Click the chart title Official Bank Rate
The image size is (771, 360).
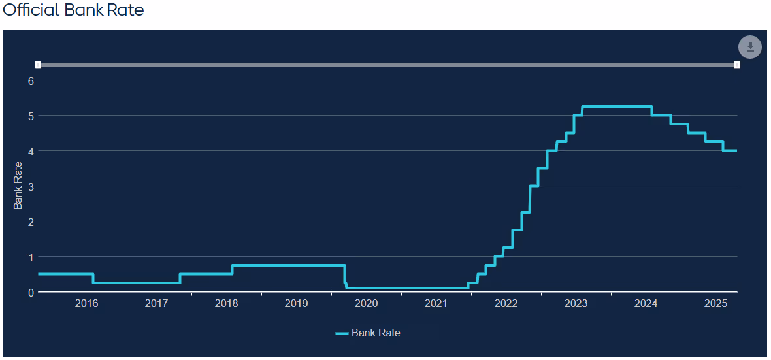(73, 10)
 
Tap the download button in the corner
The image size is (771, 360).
(750, 47)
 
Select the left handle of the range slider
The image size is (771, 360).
(38, 65)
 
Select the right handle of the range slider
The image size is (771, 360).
(737, 65)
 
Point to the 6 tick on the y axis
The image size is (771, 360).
(30, 80)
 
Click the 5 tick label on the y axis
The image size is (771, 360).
(30, 116)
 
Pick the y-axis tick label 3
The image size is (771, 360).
(30, 186)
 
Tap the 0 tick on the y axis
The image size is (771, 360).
(30, 292)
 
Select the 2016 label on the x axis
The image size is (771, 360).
(86, 304)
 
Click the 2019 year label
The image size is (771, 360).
(296, 304)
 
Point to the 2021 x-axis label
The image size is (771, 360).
(436, 304)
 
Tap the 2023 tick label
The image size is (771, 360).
(576, 304)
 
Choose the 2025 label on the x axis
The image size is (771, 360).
(715, 304)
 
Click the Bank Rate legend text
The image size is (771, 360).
(376, 333)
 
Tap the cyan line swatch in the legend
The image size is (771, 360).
(342, 333)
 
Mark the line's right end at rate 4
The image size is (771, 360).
(736, 151)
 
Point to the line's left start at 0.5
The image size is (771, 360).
(39, 274)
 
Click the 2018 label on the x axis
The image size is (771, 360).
(226, 304)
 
